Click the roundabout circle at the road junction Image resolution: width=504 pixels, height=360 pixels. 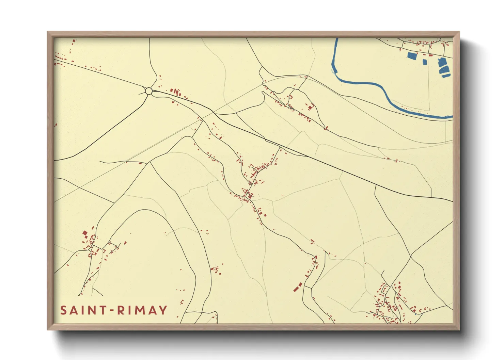point(148,91)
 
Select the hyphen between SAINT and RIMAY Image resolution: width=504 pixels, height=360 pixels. point(112,311)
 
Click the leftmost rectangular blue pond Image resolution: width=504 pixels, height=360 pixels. point(412,56)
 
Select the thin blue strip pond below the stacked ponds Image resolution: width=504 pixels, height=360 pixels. point(446,76)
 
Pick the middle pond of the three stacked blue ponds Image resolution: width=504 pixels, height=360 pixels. point(444,70)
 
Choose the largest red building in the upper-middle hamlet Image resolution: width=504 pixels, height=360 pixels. point(310,108)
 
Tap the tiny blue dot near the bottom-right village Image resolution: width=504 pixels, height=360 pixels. point(415,314)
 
